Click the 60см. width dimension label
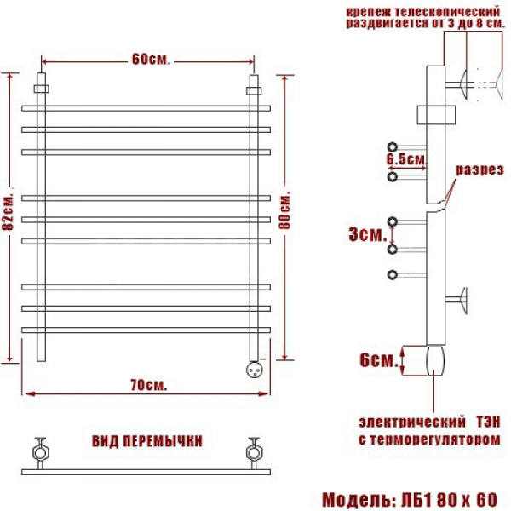click(151, 60)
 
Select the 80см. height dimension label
click(284, 212)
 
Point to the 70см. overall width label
click(148, 386)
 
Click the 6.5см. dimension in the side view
click(406, 159)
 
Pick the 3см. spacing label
click(368, 234)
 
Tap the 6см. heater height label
click(379, 360)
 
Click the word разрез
click(479, 169)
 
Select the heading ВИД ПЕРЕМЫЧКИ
click(147, 441)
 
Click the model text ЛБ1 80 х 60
click(450, 500)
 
